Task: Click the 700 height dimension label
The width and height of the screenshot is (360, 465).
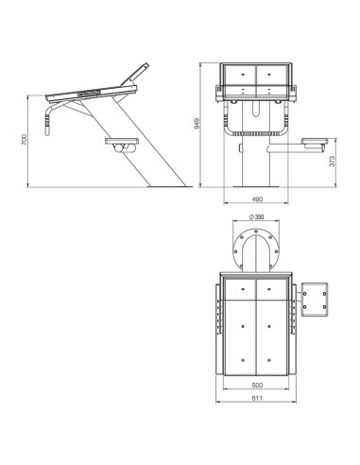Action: pyautogui.click(x=25, y=140)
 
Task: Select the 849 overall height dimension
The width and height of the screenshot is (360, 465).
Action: pyautogui.click(x=197, y=124)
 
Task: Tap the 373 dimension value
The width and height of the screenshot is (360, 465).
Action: pyautogui.click(x=333, y=161)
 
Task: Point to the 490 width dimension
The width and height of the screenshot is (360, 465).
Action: pyautogui.click(x=257, y=199)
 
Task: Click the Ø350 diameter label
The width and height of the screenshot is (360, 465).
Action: pyautogui.click(x=256, y=217)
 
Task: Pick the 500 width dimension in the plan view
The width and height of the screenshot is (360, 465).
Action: pyautogui.click(x=257, y=385)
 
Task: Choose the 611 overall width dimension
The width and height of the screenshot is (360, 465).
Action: pyautogui.click(x=257, y=398)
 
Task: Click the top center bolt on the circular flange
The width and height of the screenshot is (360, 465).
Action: pyautogui.click(x=256, y=232)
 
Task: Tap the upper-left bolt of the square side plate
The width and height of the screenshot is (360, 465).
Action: pyautogui.click(x=305, y=294)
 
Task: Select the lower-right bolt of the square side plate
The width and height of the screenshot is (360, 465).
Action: pyautogui.click(x=324, y=306)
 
